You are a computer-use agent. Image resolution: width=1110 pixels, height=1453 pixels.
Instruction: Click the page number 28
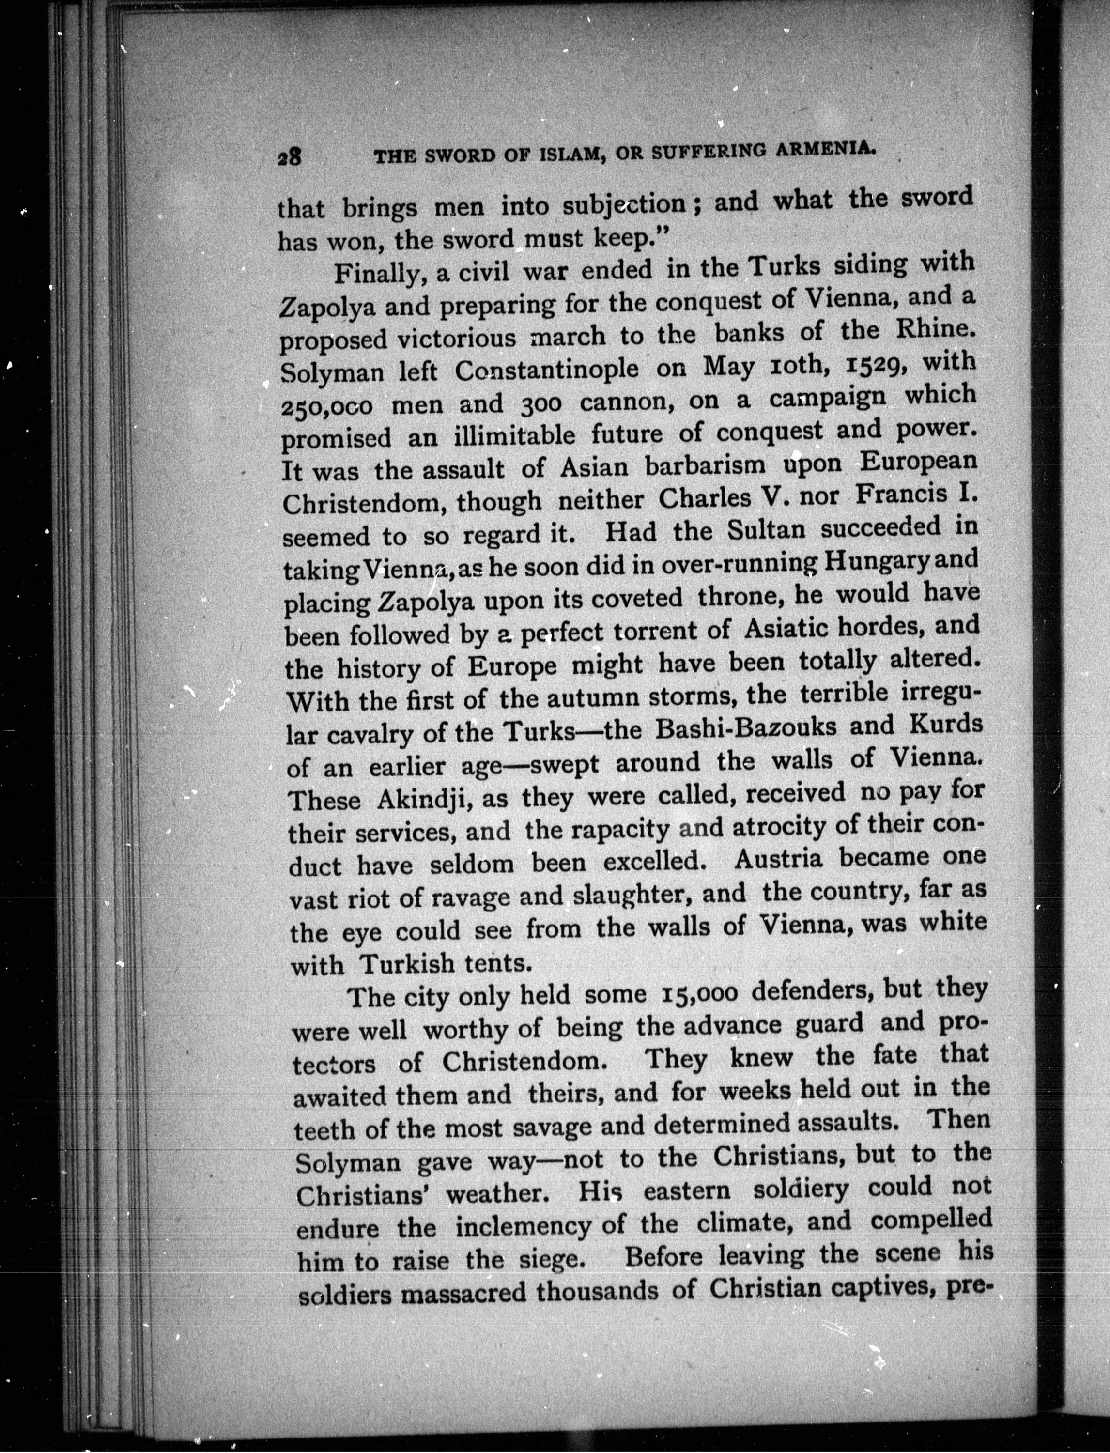(x=290, y=157)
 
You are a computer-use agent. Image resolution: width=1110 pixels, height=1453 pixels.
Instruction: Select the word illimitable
(x=514, y=435)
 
